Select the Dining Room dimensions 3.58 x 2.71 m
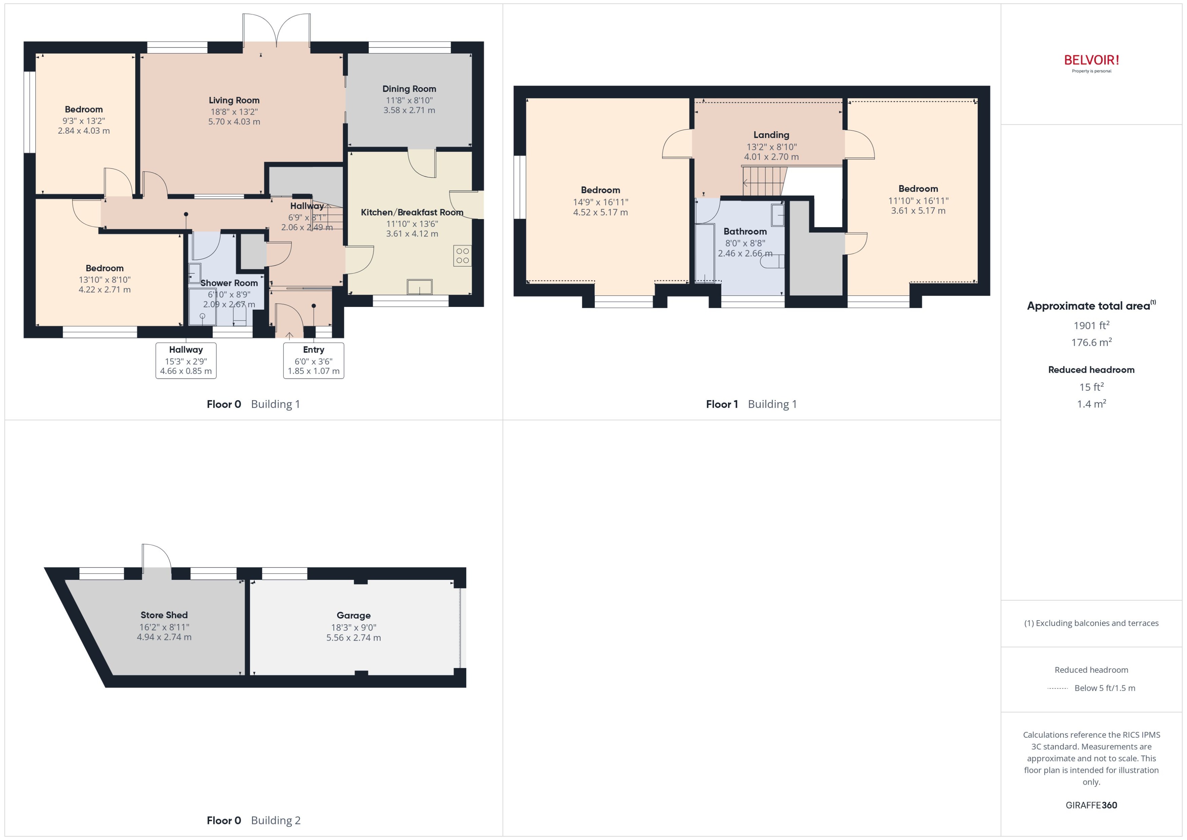pos(409,110)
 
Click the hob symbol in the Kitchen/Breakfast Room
pos(462,255)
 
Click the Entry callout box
pos(313,360)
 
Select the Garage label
pos(353,616)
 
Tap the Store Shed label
pos(164,615)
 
